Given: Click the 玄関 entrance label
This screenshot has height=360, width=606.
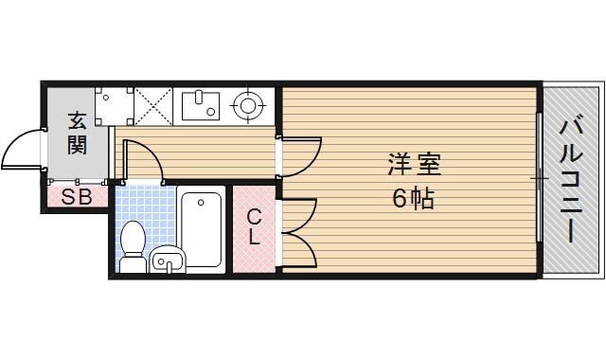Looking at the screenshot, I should coord(78,134).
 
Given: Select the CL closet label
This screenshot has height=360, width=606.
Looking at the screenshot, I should coord(254,228).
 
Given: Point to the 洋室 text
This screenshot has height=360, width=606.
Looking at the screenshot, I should coord(414,163).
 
